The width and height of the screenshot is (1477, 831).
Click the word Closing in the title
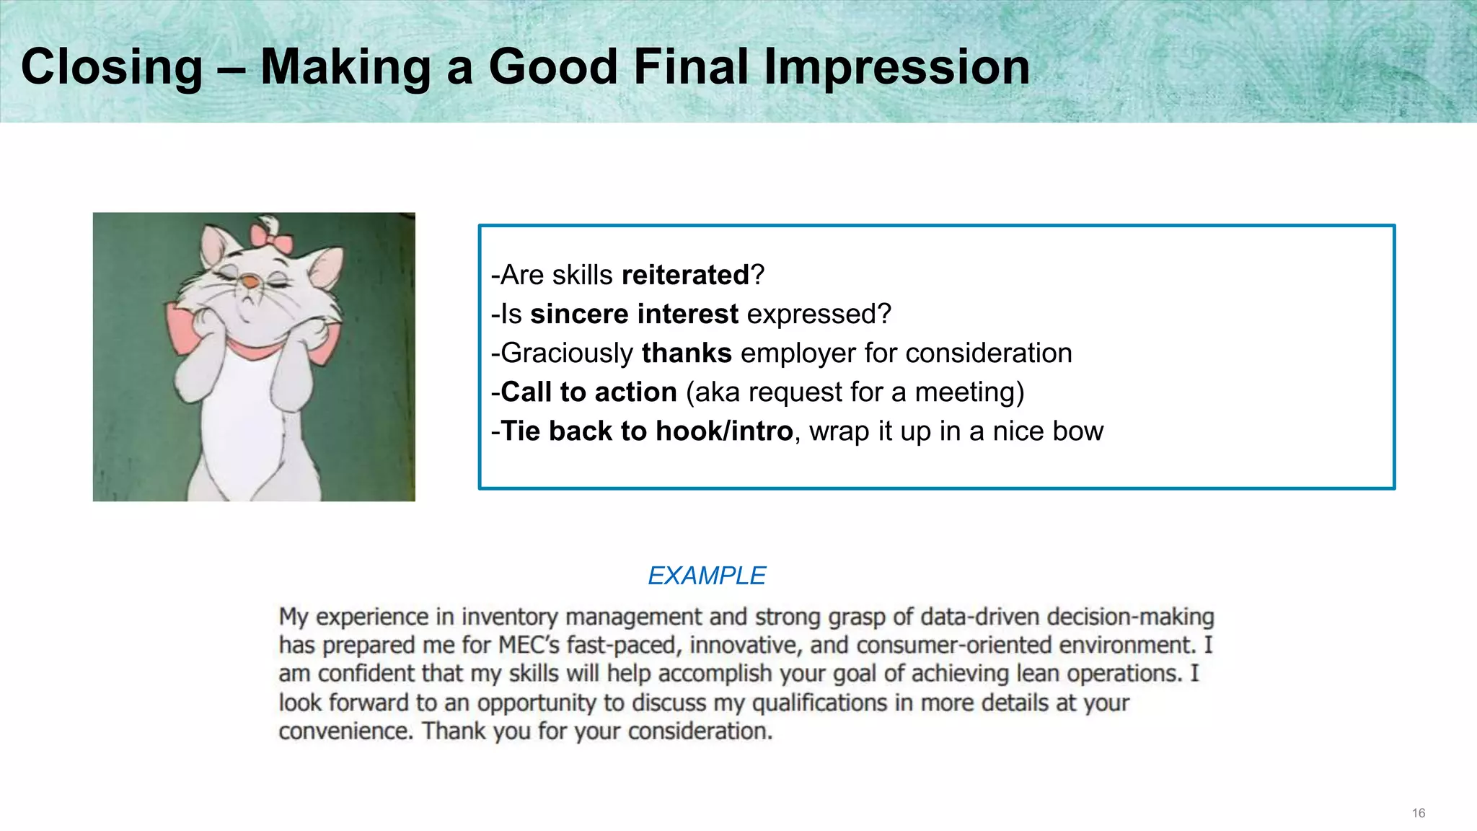click(x=112, y=67)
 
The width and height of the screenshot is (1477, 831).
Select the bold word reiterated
click(x=685, y=275)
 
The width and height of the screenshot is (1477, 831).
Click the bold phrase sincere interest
click(x=634, y=315)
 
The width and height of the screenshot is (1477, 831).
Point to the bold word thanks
click(x=687, y=353)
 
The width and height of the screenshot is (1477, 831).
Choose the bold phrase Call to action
click(x=588, y=392)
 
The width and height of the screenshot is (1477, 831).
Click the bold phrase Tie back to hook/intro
click(x=646, y=431)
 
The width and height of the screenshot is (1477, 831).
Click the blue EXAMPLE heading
click(x=706, y=576)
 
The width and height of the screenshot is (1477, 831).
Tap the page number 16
click(x=1418, y=814)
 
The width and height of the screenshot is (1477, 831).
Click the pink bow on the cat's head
click(x=270, y=237)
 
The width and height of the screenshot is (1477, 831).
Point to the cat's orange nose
click(x=248, y=281)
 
